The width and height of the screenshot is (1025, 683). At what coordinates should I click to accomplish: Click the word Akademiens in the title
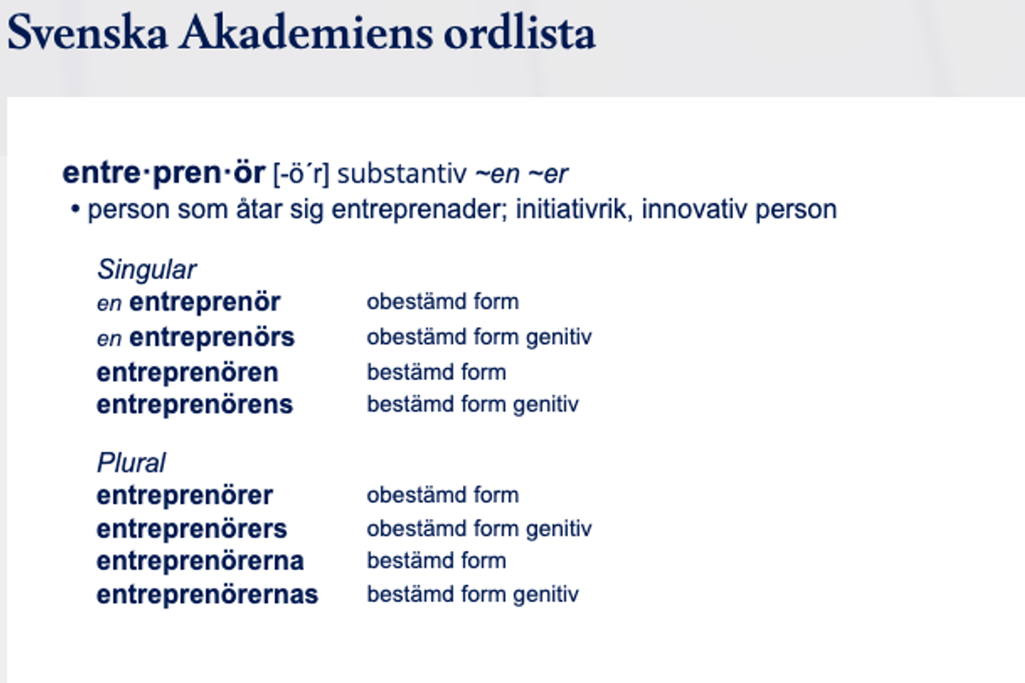306,33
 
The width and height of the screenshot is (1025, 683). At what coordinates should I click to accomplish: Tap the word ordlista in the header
519,33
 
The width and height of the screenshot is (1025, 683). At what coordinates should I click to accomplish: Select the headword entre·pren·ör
164,173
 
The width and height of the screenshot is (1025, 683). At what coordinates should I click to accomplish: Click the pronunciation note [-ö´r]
301,174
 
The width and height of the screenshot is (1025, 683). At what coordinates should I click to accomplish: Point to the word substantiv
401,174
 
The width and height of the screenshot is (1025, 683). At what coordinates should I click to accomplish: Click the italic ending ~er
548,175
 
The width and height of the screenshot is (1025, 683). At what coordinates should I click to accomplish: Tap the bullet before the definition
75,209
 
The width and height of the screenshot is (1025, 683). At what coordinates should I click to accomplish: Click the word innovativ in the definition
694,209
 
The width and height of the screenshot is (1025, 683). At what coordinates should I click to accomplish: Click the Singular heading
147,270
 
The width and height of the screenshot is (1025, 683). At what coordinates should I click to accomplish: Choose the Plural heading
132,463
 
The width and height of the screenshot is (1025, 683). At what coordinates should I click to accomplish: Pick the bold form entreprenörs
212,338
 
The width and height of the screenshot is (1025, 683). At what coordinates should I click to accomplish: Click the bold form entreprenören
187,373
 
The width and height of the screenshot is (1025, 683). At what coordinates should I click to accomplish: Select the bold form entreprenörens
195,405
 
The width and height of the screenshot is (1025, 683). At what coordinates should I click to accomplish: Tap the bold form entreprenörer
184,495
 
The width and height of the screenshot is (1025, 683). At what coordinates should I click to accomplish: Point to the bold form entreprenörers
191,529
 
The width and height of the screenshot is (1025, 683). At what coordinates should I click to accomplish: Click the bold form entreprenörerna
201,561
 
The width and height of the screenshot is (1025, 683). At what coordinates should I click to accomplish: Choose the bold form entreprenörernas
208,595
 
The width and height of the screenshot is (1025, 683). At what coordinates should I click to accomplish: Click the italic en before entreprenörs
109,340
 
